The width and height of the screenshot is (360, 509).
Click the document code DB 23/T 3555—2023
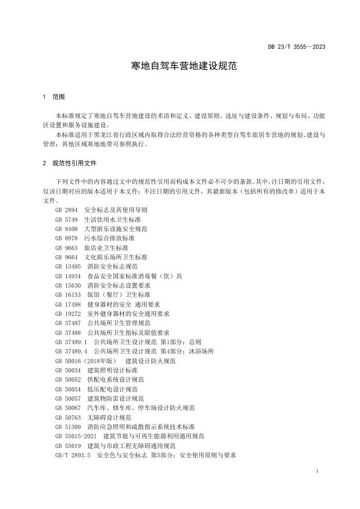(296, 47)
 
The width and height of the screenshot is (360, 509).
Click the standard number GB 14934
(68, 276)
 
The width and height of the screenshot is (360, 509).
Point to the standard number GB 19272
(68, 314)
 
